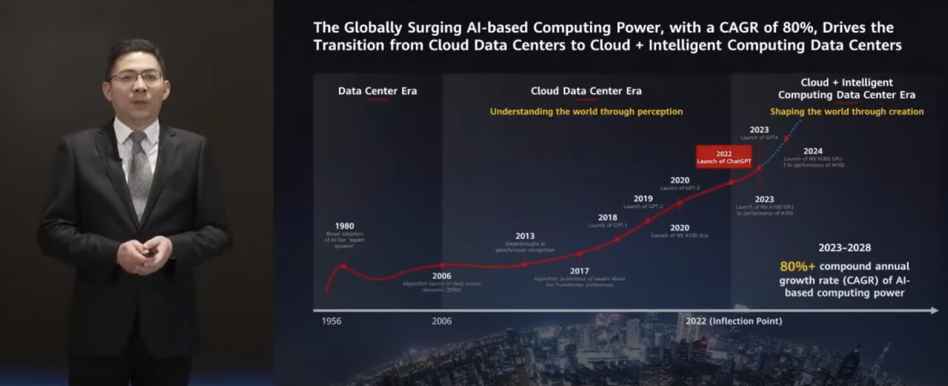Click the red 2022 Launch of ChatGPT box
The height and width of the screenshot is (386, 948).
[723, 157]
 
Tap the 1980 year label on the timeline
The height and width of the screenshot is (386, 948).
[344, 226]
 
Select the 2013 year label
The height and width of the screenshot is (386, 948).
[525, 236]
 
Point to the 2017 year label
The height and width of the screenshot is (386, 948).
[579, 271]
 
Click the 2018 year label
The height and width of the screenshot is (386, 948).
[608, 217]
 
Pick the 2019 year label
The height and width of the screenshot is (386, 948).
[643, 198]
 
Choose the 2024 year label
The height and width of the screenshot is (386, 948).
[813, 151]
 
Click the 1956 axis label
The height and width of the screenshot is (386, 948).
[331, 321]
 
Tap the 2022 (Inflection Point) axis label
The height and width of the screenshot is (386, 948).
[734, 321]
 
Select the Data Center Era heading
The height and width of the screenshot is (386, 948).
[377, 91]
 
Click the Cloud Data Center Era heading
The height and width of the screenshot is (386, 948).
[586, 91]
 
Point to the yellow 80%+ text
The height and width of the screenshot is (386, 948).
[797, 266]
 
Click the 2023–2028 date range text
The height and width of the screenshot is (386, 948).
[845, 248]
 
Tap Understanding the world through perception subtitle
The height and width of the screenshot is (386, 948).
[586, 111]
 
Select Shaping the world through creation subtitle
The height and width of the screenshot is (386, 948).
[847, 111]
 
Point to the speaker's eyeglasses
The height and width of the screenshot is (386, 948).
[136, 78]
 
